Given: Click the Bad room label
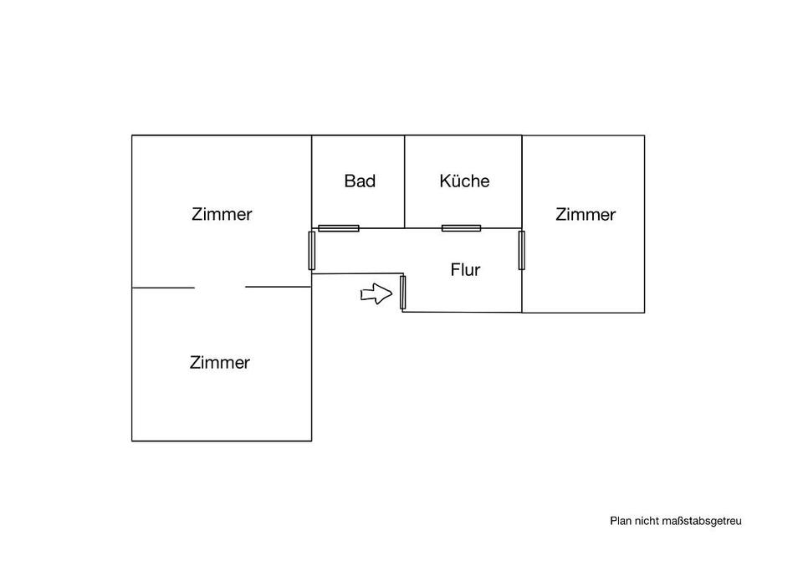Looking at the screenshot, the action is point(360,181).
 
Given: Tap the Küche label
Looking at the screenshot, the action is point(464,181).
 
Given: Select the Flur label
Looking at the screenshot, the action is point(465,270).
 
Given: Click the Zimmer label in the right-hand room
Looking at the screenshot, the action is point(586,215).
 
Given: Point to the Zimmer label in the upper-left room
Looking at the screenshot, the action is point(222,214).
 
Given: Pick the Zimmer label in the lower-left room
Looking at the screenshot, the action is point(220,363).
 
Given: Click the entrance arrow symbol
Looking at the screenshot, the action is point(376,293).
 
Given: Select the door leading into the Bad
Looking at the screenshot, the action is point(339,227).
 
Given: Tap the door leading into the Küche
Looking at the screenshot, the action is point(461,227).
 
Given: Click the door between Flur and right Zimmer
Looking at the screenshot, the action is point(521,250).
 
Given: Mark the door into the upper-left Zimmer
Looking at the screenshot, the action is point(312,250).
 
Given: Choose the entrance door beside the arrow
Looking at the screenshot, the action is point(402,292).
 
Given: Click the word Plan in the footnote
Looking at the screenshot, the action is point(619,521).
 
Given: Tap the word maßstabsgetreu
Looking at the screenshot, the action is point(702,521).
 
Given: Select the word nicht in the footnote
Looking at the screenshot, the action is point(645,521).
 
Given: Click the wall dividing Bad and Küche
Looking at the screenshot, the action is point(406,181).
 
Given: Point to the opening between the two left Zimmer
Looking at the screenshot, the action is point(220,288).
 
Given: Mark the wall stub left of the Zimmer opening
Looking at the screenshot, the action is point(163,288).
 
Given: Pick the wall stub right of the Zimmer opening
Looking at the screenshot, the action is point(278,288).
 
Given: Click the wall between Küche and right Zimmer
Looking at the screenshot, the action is point(522,181).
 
